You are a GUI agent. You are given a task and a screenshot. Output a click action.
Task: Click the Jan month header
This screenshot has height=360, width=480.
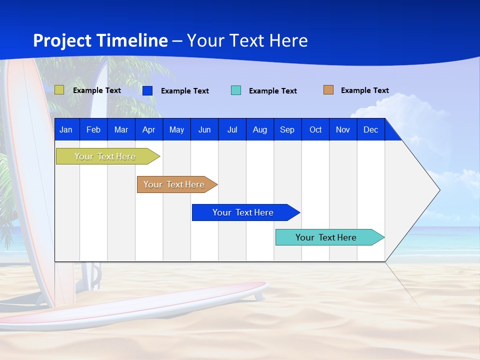(66, 129)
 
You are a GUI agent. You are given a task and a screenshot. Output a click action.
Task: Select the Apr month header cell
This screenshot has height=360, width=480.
(148, 129)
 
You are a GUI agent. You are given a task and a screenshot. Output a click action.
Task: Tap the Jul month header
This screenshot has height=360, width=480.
(232, 129)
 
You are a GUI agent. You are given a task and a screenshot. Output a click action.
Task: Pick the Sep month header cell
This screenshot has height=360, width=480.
(287, 129)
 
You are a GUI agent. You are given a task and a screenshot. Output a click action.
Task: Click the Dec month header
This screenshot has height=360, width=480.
(370, 129)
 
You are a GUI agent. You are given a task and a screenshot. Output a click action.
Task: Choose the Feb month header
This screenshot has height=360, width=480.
(93, 129)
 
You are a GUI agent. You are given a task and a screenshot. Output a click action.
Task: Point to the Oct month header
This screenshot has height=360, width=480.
(315, 129)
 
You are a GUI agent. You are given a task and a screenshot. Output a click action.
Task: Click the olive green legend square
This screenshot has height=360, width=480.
(59, 90)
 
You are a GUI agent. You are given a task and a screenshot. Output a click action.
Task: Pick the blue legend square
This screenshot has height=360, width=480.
(147, 90)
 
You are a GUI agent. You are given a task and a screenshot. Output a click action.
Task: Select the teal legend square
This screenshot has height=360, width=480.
(236, 90)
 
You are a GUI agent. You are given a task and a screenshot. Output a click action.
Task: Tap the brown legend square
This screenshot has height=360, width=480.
(328, 90)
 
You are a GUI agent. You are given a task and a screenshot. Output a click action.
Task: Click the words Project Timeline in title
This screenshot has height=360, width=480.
(100, 40)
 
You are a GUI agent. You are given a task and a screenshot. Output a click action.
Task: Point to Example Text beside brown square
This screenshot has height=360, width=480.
(364, 90)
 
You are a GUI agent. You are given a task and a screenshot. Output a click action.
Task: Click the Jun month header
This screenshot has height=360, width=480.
(204, 129)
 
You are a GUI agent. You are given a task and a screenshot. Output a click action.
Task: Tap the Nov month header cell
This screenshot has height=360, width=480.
(343, 129)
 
